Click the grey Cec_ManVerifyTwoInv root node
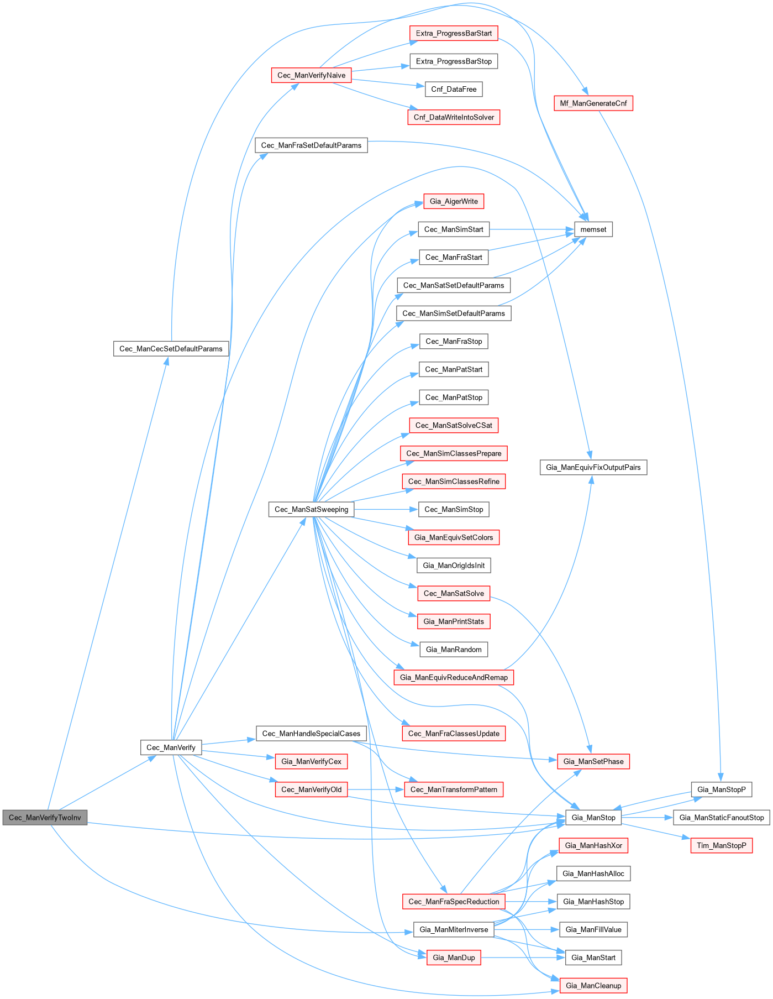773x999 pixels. (45, 817)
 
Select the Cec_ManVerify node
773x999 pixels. (171, 747)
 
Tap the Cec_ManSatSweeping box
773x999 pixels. (311, 509)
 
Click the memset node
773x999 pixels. (593, 229)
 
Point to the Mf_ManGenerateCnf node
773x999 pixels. (593, 103)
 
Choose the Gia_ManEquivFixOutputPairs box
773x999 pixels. (593, 467)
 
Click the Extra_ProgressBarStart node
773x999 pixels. (454, 33)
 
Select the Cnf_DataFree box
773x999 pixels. (454, 89)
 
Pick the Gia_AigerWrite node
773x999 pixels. (454, 201)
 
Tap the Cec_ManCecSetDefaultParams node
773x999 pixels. (171, 349)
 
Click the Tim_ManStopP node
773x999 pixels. (721, 845)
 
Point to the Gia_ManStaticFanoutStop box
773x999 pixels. (721, 817)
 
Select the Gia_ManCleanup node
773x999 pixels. (593, 985)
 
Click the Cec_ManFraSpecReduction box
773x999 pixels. (454, 901)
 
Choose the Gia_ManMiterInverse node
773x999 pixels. (454, 929)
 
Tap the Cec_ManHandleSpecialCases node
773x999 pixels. (311, 734)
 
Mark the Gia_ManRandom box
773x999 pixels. (454, 650)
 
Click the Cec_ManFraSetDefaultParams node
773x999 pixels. (311, 145)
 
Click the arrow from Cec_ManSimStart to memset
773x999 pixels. (530, 229)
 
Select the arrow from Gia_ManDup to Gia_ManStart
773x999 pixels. (522, 958)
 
